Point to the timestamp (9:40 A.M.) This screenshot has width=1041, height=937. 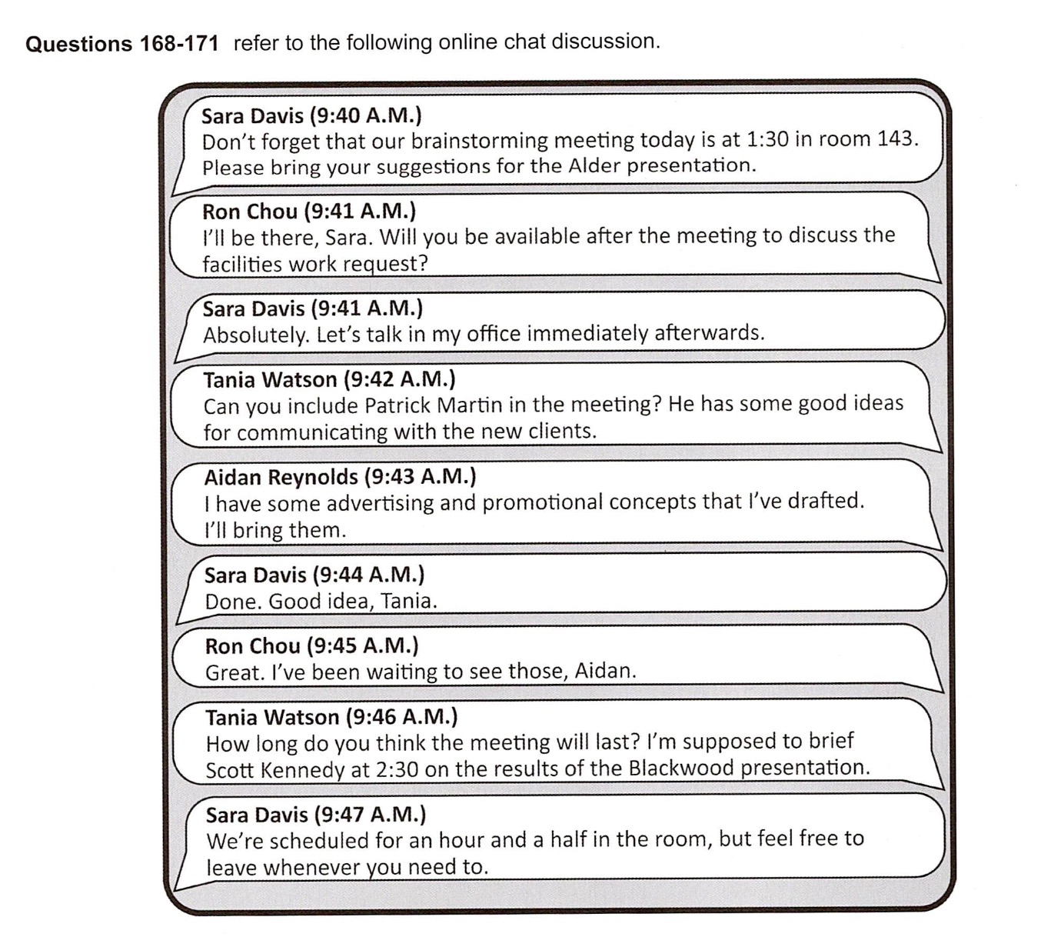pos(366,115)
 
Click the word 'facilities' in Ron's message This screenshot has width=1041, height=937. pos(241,264)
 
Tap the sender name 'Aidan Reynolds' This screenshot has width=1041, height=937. pos(281,477)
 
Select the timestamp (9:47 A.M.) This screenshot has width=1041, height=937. pos(371,814)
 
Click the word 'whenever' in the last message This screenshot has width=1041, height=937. pos(311,867)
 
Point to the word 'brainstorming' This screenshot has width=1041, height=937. pos(480,141)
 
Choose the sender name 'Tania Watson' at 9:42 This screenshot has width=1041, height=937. pos(270,379)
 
